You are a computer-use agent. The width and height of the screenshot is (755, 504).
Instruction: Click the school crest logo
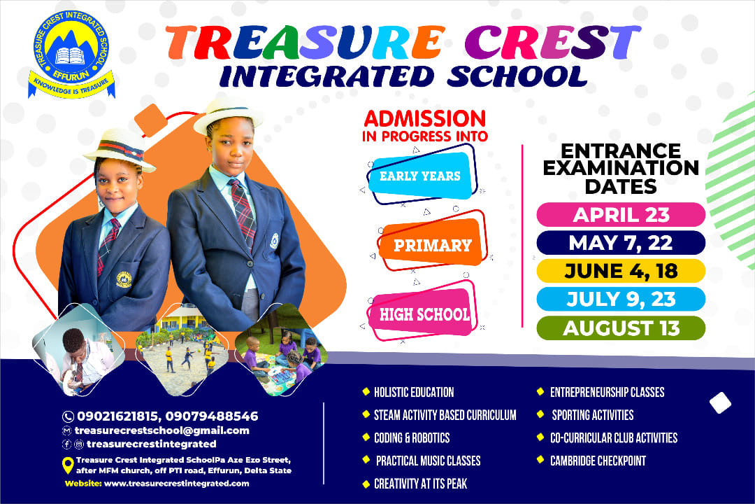[x=71, y=55]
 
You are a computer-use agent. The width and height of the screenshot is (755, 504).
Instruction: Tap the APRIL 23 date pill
[x=621, y=215]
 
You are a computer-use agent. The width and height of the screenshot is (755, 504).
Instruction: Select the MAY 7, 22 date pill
[x=621, y=243]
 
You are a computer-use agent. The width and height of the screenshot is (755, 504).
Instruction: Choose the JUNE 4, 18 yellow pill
[x=621, y=271]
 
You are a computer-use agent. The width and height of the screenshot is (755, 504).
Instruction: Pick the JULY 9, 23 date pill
[x=621, y=299]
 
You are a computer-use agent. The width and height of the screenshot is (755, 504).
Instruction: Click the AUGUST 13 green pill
[x=621, y=328]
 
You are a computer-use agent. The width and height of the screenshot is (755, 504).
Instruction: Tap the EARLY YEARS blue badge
[x=420, y=176]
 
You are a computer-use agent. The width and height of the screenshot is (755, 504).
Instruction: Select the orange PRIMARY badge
[x=432, y=244]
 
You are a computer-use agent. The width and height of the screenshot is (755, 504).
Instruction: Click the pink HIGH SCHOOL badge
[x=422, y=314]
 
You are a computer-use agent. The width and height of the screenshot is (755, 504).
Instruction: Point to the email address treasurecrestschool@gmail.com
[x=161, y=430]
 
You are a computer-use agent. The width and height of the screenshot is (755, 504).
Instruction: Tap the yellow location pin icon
[x=68, y=465]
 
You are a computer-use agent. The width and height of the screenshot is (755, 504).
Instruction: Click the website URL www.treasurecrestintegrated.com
[x=176, y=483]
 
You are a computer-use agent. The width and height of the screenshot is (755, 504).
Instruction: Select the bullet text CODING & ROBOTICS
[x=412, y=437]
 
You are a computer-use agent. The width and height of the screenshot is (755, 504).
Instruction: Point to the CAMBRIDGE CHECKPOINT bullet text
[x=598, y=461]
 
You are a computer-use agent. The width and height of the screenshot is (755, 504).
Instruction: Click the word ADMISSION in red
[x=425, y=118]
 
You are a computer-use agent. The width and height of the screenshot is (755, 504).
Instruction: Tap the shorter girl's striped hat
[x=120, y=149]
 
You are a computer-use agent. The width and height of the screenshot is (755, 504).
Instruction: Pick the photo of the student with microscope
[x=78, y=350]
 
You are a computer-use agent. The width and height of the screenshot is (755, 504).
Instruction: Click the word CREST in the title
[x=552, y=42]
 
